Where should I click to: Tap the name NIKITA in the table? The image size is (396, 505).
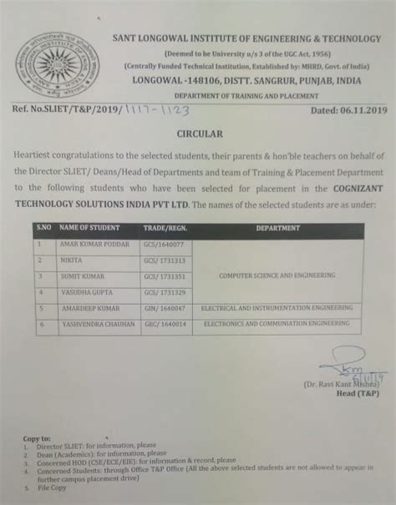[x=71, y=260]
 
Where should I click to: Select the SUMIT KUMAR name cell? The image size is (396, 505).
[x=80, y=275]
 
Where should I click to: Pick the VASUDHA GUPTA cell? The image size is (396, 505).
[x=84, y=291]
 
